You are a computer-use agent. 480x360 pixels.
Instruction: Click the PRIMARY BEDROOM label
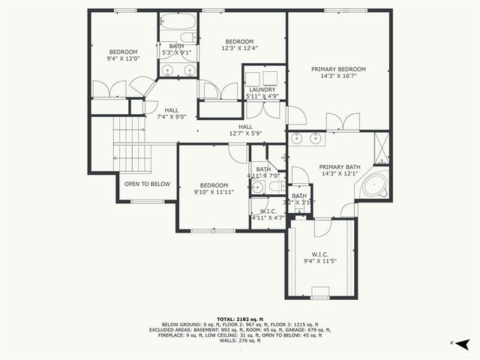[x=338, y=69]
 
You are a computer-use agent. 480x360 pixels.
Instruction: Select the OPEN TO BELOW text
[x=147, y=184]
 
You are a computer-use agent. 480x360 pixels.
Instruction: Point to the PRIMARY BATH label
[x=340, y=166]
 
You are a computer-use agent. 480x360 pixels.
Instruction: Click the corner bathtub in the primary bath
[x=373, y=184]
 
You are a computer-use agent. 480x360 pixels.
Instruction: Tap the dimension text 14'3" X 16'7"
[x=338, y=76]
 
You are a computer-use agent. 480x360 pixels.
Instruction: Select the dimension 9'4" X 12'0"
[x=124, y=58]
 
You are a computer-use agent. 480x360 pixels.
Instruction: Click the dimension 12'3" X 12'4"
[x=239, y=48]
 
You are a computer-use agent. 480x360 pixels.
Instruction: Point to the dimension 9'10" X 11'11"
[x=214, y=192]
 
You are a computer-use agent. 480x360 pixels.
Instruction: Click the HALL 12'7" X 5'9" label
[x=245, y=130]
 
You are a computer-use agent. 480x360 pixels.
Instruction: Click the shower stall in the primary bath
[x=381, y=147]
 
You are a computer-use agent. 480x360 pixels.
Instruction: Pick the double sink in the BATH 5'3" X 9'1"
[x=178, y=70]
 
